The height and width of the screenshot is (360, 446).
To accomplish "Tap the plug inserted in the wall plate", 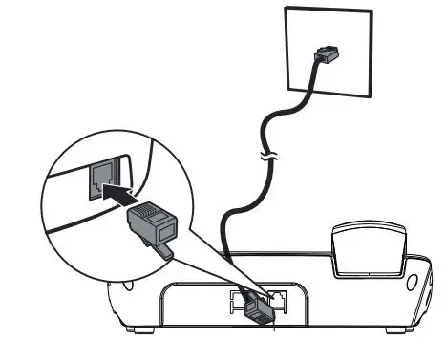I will coord(328,53).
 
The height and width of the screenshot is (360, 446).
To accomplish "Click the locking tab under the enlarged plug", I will coord(164,250).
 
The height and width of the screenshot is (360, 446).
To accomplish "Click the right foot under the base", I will coord(390,330).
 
